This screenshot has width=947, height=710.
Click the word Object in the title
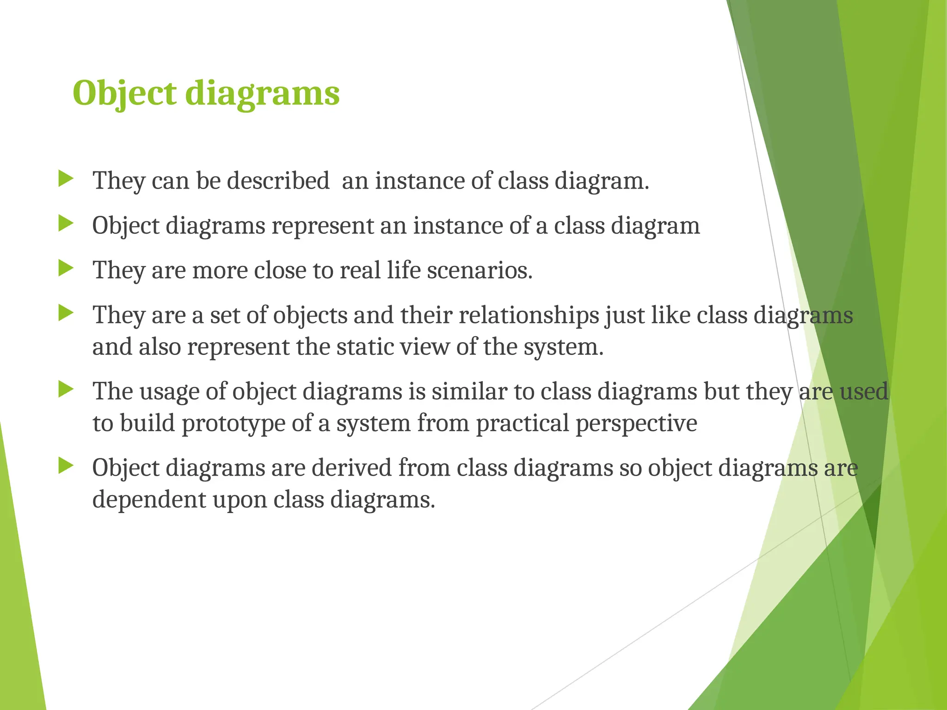click(124, 94)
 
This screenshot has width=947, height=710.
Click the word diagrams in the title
click(262, 94)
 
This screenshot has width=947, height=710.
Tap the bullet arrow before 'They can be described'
click(66, 179)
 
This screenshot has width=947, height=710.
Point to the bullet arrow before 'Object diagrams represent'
click(66, 224)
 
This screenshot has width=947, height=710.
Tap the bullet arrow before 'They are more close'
click(66, 269)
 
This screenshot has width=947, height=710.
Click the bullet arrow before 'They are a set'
click(66, 314)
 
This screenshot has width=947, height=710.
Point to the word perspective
click(636, 424)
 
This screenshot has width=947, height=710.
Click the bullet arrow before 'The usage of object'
click(66, 390)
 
